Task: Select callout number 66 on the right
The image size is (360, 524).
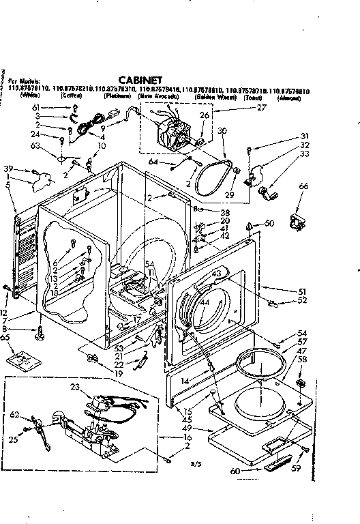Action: (303, 186)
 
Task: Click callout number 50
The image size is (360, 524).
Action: (270, 224)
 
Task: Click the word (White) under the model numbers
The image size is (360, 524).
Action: (29, 96)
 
